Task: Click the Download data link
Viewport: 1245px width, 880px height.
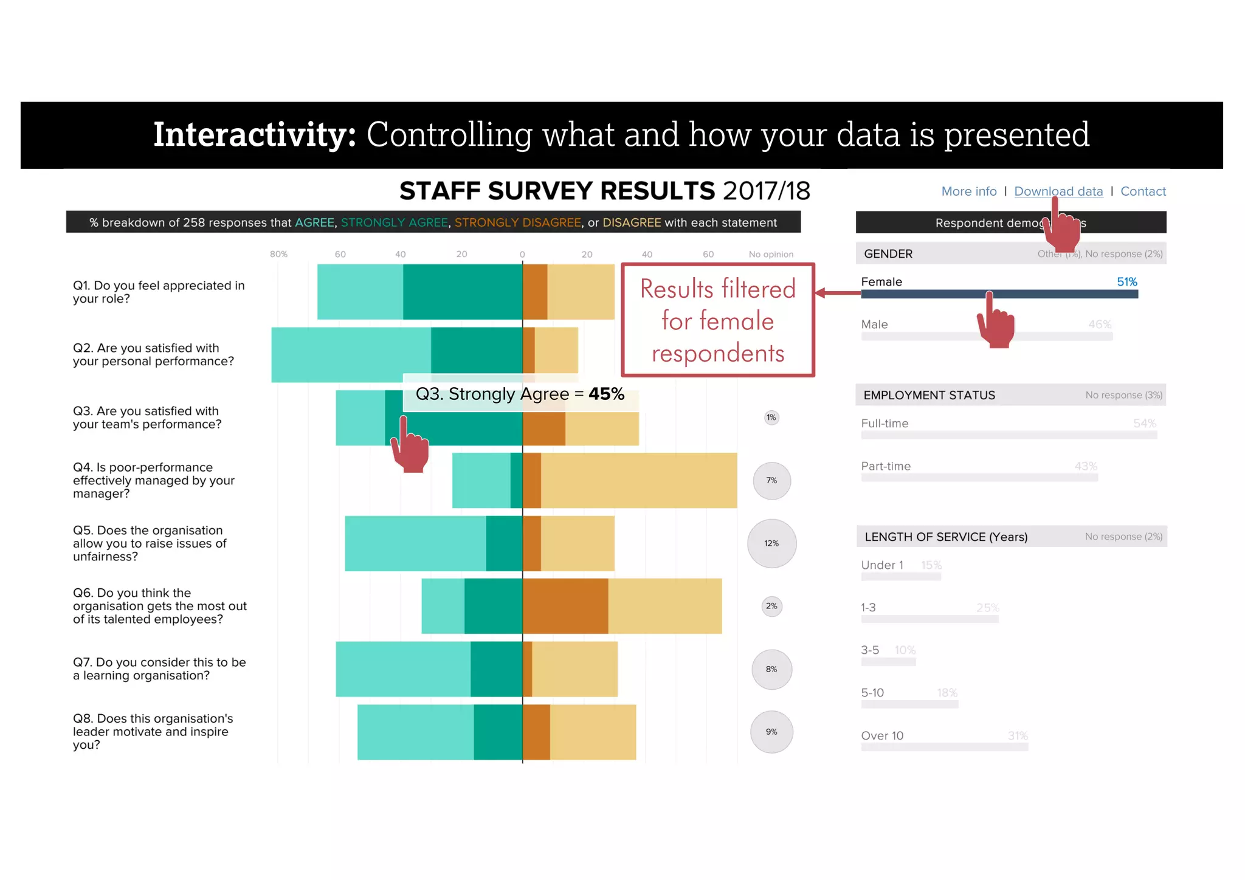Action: click(1058, 191)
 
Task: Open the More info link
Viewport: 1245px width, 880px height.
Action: click(968, 191)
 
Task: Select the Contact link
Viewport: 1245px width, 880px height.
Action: click(1143, 191)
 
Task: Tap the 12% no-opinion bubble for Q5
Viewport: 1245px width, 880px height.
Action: click(771, 543)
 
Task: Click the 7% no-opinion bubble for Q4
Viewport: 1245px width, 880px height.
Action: click(771, 481)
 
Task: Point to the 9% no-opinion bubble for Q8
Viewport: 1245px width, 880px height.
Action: click(771, 732)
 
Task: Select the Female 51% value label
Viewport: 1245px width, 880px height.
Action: click(1126, 282)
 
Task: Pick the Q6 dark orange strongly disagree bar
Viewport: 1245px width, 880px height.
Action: click(565, 606)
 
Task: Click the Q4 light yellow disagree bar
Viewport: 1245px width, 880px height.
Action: click(638, 480)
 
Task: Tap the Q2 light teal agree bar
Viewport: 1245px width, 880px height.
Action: click(351, 355)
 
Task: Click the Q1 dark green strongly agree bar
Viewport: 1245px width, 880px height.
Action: click(462, 292)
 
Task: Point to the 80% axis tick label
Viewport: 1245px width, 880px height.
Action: click(278, 254)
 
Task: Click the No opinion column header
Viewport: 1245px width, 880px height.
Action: click(771, 254)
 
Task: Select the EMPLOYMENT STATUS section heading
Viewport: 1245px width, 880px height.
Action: click(929, 395)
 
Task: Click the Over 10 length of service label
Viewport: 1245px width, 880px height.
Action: click(882, 736)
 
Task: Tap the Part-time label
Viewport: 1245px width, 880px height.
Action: click(886, 466)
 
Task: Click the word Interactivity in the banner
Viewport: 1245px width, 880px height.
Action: click(254, 134)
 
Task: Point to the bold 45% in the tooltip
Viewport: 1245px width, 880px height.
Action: click(606, 394)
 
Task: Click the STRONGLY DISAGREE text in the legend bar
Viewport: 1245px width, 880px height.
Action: click(517, 222)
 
